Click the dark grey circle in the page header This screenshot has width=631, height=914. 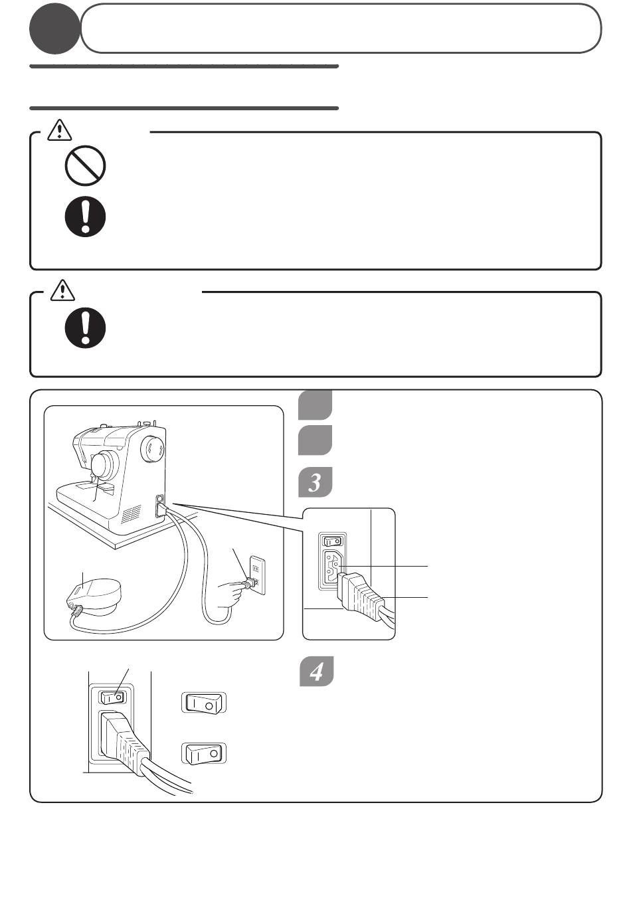[x=54, y=29]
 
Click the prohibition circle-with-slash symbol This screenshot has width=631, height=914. [x=85, y=165]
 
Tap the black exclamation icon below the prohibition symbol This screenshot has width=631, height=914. [x=85, y=217]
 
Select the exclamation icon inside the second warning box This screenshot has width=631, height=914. [x=85, y=327]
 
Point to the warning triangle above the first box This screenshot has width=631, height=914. [x=60, y=131]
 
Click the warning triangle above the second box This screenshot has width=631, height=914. [x=62, y=290]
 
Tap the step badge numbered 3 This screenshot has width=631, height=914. [x=315, y=482]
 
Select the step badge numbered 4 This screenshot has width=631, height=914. [x=317, y=671]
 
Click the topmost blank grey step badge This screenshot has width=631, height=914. [x=315, y=405]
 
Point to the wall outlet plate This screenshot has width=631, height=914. [x=257, y=575]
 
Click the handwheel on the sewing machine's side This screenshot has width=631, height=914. [x=152, y=449]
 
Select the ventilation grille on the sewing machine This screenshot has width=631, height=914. [x=131, y=514]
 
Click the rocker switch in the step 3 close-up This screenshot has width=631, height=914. [x=332, y=541]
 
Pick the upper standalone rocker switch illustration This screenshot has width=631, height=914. [x=203, y=703]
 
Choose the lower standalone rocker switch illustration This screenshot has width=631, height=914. [x=203, y=753]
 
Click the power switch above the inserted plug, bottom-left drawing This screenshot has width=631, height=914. [x=112, y=697]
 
